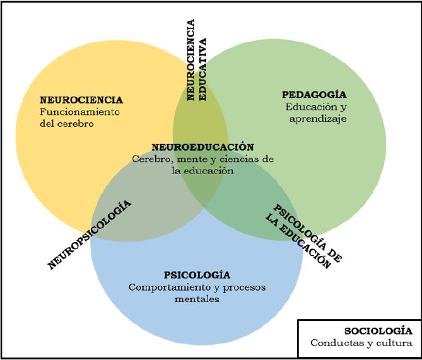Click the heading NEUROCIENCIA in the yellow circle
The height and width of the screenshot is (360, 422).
click(x=81, y=100)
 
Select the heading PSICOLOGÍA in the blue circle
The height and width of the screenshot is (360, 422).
click(x=197, y=275)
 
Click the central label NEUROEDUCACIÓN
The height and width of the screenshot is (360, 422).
click(x=198, y=146)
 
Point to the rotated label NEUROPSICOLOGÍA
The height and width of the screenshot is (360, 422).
click(x=90, y=235)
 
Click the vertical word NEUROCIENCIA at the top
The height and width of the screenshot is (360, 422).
click(x=191, y=60)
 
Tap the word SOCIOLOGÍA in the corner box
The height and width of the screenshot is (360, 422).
click(x=378, y=331)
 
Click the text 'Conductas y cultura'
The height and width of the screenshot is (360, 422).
click(x=361, y=344)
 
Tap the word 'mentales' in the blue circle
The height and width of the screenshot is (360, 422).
click(x=197, y=299)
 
